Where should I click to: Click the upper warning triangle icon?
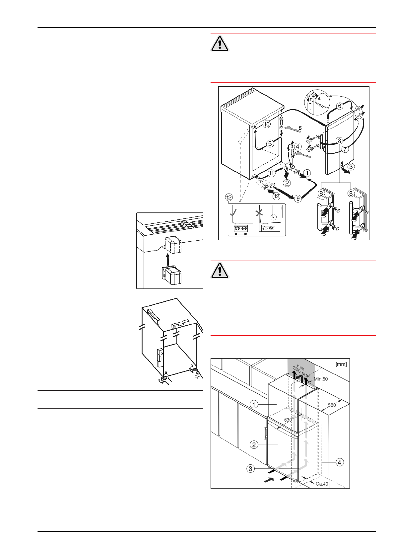(220, 44)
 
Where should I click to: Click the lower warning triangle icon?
(220, 271)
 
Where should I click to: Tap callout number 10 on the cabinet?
(267, 124)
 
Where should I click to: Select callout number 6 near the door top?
(340, 106)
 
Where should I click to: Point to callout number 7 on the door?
(345, 149)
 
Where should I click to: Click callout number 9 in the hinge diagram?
(298, 199)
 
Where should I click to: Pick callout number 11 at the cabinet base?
(272, 173)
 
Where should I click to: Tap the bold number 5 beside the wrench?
(300, 127)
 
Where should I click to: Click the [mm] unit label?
(341, 364)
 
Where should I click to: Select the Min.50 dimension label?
(321, 379)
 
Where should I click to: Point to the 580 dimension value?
(332, 405)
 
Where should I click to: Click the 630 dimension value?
(288, 420)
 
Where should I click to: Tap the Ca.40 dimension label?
(322, 484)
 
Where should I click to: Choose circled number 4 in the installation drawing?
(340, 462)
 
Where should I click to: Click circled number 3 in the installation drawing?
(250, 469)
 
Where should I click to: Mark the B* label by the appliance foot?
(197, 377)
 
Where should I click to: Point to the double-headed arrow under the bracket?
(241, 234)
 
